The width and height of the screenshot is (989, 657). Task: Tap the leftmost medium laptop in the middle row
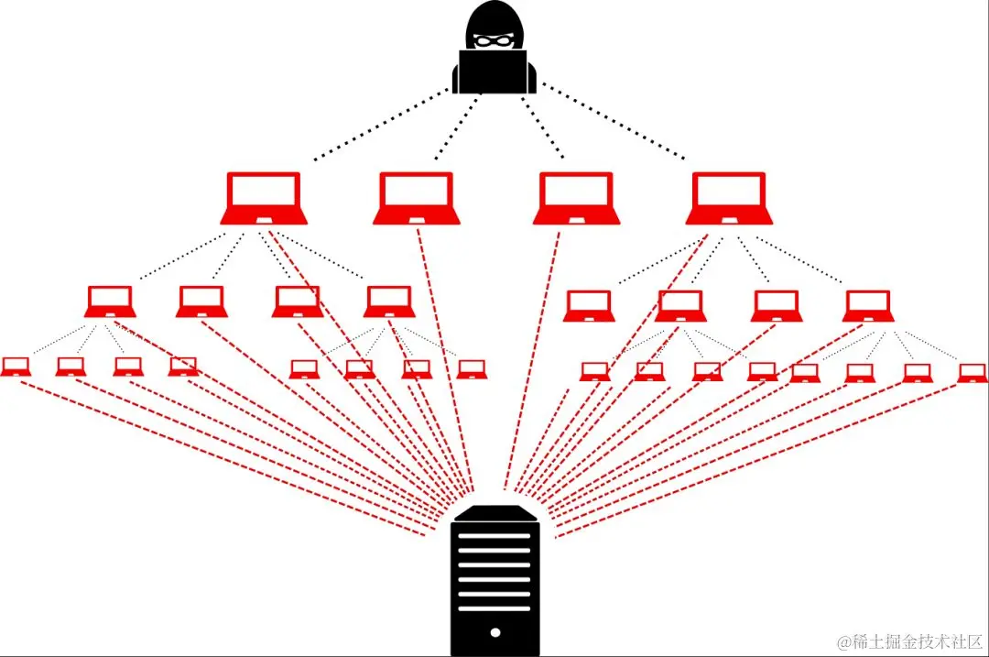coord(111,301)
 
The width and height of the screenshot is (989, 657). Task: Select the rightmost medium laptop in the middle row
coord(868,306)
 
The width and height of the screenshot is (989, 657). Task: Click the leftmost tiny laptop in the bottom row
coord(16,367)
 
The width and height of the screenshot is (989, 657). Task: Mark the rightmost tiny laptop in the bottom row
coord(973,373)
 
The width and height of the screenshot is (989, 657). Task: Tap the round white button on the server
coord(495,632)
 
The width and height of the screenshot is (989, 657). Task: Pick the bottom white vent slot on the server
coord(494,608)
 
